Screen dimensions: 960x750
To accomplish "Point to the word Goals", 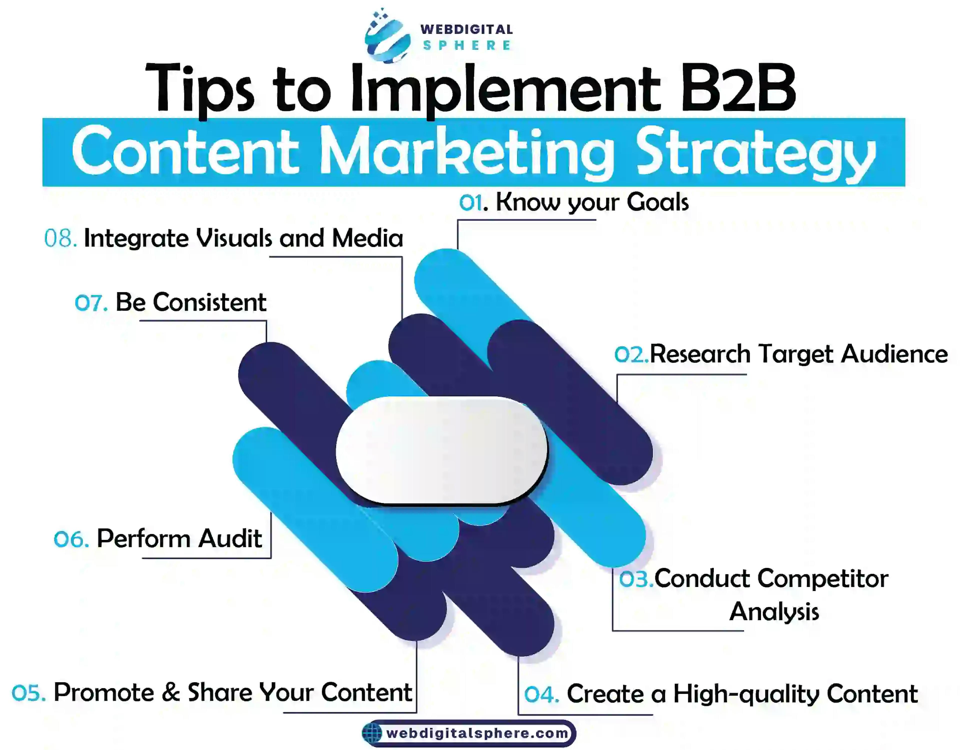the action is [657, 203].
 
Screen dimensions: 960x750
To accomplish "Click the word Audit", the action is [230, 539].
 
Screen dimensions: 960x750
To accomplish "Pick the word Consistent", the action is [209, 302].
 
